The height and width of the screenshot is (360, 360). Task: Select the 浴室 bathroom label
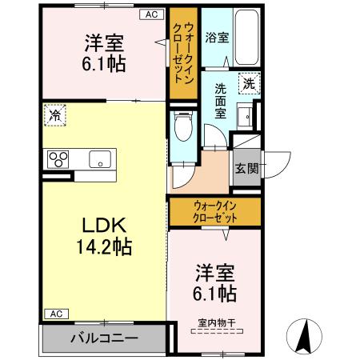[x=216, y=37]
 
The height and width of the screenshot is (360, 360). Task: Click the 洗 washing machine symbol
[x=249, y=83]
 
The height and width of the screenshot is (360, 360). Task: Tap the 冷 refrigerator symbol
[x=55, y=115]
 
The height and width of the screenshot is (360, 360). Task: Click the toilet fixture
[x=183, y=127]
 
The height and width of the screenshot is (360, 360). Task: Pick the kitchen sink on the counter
[x=99, y=158]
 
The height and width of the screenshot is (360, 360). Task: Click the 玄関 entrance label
[x=246, y=168]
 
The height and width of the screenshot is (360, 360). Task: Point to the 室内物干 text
[x=214, y=324]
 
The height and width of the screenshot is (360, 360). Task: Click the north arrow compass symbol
[x=306, y=336]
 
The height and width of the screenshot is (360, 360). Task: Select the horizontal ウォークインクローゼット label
[x=214, y=211]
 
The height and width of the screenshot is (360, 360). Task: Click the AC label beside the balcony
[x=54, y=314]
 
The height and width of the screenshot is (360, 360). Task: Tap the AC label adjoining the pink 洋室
[x=150, y=14]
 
